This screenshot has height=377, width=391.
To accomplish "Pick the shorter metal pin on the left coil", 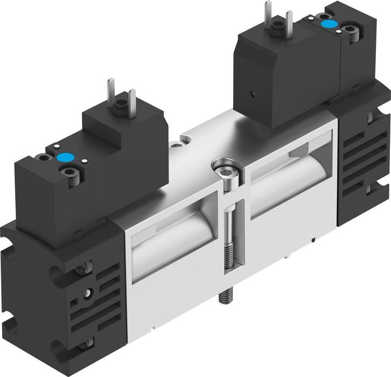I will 132,100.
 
